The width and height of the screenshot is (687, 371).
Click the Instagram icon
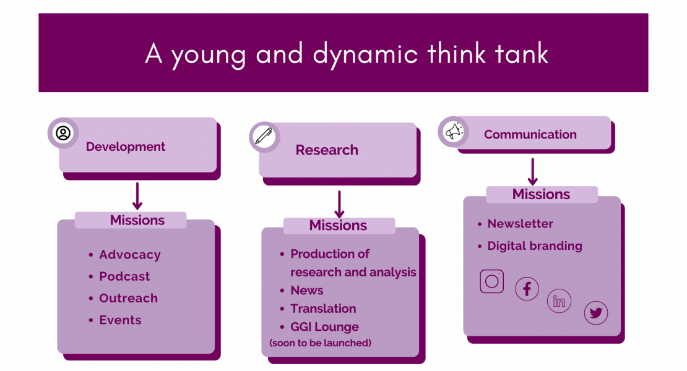(491, 281)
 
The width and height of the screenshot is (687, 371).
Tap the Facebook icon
(527, 289)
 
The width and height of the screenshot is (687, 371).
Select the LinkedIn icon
(559, 301)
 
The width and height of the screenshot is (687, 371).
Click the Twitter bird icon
(596, 313)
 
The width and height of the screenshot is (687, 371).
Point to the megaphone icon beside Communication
(454, 131)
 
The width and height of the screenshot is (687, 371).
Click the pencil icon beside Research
(264, 136)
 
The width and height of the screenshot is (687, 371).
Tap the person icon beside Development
(63, 133)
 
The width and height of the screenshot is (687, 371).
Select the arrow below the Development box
(137, 196)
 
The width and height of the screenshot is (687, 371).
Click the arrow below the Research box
(339, 204)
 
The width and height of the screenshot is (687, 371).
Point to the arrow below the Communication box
(533, 171)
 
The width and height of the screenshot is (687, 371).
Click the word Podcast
(124, 276)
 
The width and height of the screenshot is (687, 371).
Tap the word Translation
(323, 309)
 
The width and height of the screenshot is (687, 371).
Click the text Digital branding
(535, 246)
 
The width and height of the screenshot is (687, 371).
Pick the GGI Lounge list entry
(325, 327)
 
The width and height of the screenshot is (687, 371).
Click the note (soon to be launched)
(320, 343)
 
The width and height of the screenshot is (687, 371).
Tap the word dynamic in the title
(365, 54)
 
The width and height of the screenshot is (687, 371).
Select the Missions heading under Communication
(541, 194)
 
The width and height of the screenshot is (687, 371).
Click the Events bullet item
(121, 320)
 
